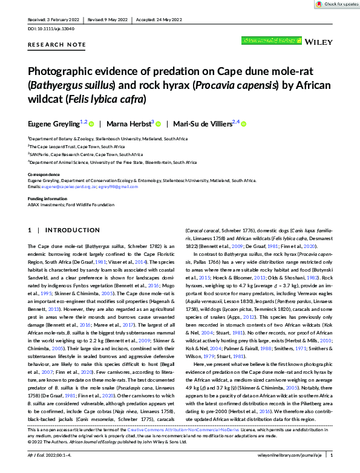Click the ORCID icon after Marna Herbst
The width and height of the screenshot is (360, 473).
pos(159,125)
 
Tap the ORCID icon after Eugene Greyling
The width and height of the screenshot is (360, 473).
pos(93,125)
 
